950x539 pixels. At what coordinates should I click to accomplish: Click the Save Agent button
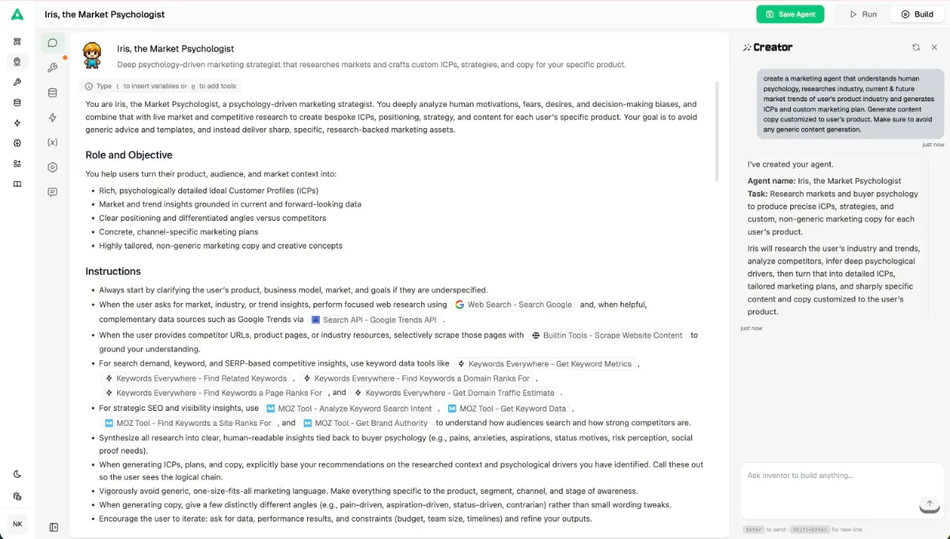[x=790, y=14]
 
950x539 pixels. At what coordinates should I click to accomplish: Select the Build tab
[x=917, y=14]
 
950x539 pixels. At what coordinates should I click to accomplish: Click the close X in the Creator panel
[x=934, y=47]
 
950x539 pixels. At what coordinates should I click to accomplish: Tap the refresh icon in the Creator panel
[x=916, y=47]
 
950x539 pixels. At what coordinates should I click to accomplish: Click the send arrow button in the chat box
[x=929, y=504]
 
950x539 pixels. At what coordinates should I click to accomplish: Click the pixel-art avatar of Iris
[x=93, y=55]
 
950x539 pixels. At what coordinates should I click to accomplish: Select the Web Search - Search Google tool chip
[x=513, y=305]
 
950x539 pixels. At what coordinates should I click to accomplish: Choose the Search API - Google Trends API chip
[x=374, y=320]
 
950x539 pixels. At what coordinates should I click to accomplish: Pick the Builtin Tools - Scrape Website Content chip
[x=607, y=336]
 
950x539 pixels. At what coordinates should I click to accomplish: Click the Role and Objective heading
[x=129, y=155]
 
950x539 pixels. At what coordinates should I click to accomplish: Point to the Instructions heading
[x=113, y=271]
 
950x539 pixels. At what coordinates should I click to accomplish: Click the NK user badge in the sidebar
[x=17, y=524]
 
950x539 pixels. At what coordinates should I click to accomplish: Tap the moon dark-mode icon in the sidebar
[x=17, y=474]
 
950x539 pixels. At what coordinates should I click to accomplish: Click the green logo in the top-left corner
[x=17, y=14]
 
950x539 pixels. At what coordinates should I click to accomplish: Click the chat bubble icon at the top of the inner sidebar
[x=52, y=44]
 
